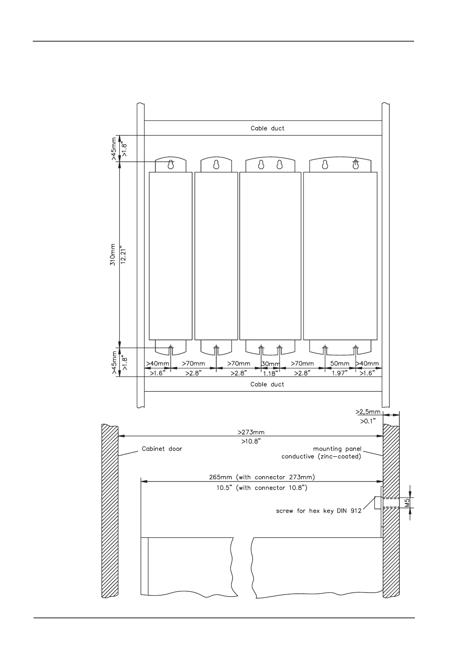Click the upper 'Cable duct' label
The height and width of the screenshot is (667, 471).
[267, 128]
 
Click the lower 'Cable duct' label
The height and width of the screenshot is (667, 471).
[267, 385]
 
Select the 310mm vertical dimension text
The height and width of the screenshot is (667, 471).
[113, 255]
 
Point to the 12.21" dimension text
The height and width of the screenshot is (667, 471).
[123, 255]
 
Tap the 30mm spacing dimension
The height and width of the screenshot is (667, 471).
[270, 364]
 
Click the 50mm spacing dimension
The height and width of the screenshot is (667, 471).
[340, 364]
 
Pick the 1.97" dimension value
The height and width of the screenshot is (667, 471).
[340, 373]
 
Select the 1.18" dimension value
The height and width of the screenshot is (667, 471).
[270, 374]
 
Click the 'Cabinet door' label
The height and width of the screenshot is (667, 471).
[162, 449]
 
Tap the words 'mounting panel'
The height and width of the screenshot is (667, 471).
[337, 449]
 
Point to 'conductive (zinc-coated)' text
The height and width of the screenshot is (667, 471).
[321, 456]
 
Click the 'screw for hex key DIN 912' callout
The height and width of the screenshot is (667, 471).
[318, 511]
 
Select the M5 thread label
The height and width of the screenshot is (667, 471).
[407, 503]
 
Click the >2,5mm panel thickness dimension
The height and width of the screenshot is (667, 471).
[368, 412]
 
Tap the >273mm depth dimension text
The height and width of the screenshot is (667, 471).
[251, 432]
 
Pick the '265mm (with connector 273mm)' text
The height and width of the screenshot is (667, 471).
[262, 477]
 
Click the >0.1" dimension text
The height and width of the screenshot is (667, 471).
[368, 421]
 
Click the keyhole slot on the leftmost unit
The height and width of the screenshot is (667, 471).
[171, 164]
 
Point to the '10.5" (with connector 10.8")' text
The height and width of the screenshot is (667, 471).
[262, 488]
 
